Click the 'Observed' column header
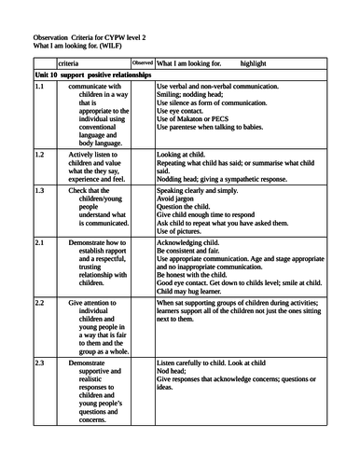tap(143, 62)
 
